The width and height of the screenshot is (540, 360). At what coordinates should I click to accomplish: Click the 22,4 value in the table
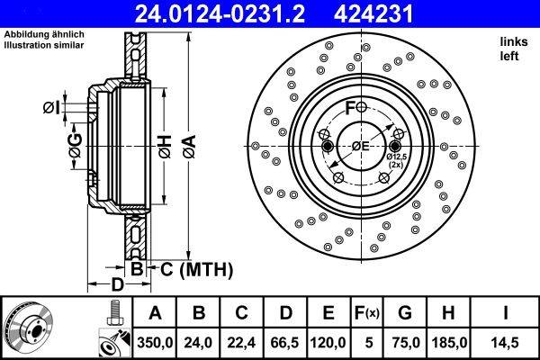[x=240, y=342]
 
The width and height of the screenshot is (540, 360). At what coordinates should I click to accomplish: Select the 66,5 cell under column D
[x=284, y=342]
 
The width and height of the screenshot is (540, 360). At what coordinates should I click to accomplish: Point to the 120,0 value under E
[x=329, y=342]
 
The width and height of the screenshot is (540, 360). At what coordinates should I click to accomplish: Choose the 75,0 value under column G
[x=406, y=342]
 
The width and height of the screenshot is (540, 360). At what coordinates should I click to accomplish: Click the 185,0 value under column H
[x=451, y=342]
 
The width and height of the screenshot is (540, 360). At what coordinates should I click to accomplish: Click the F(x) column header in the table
[x=368, y=313]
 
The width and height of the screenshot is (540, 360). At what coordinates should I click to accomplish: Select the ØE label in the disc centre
[x=361, y=148]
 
